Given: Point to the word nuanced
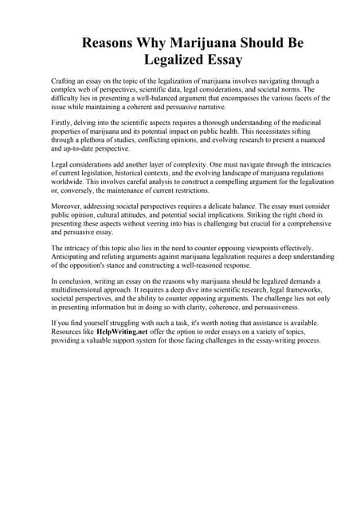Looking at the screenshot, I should coord(291,139).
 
